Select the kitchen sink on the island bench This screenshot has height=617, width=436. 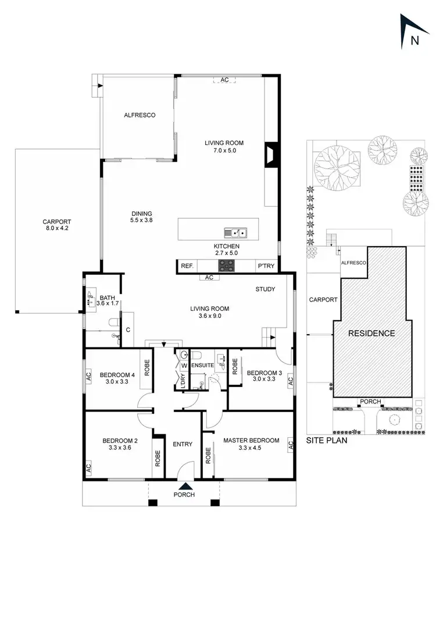238,233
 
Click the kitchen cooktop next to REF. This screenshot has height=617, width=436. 226,265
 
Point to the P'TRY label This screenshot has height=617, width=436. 266,266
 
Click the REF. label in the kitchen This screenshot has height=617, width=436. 187,266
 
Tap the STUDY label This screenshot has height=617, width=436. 265,289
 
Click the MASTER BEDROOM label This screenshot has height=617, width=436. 251,441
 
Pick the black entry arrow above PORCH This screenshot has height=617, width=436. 184,487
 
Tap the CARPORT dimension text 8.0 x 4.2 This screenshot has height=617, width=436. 56,229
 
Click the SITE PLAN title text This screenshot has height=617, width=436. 327,441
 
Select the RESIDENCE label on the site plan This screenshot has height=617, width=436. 371,334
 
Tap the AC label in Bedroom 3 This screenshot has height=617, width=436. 290,380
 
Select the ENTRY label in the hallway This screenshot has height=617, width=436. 183,445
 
